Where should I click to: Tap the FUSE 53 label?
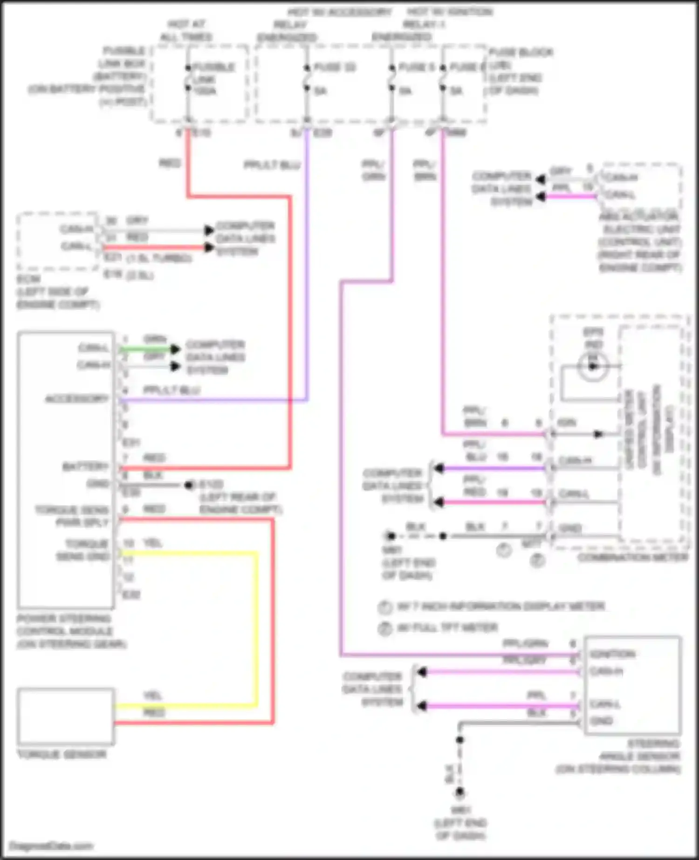pos(334,68)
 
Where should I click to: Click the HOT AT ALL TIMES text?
pos(186,30)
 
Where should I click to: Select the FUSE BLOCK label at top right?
pos(521,52)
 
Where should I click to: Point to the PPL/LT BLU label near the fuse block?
pos(272,165)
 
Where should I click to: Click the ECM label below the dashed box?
pos(29,279)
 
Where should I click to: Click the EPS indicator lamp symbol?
pos(592,366)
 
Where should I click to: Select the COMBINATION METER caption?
pos(632,557)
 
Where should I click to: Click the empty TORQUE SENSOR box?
pos(66,716)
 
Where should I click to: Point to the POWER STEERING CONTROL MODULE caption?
pos(71,631)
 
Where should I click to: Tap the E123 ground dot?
pos(189,485)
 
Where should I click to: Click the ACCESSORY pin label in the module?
pos(77,399)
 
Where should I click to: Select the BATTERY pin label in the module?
pos(86,466)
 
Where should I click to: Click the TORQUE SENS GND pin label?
pos(83,550)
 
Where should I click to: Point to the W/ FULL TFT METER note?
pos(447,628)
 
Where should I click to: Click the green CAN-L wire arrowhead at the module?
pos(175,349)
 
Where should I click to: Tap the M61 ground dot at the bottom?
pos(460,792)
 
